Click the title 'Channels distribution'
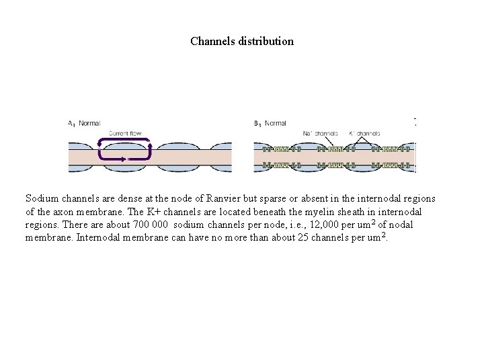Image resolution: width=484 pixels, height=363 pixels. coord(242,41)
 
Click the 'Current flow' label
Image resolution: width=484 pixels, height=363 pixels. coord(124,133)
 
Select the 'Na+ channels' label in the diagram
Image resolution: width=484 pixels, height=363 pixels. coord(320,133)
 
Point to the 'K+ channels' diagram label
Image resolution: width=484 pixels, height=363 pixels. coord(364,133)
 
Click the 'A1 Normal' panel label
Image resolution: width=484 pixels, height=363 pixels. coord(84,123)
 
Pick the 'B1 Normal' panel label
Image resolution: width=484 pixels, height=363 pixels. coord(270,123)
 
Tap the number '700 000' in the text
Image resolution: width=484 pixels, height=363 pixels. coord(151,225)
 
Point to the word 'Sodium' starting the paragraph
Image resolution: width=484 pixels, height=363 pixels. coord(42,199)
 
